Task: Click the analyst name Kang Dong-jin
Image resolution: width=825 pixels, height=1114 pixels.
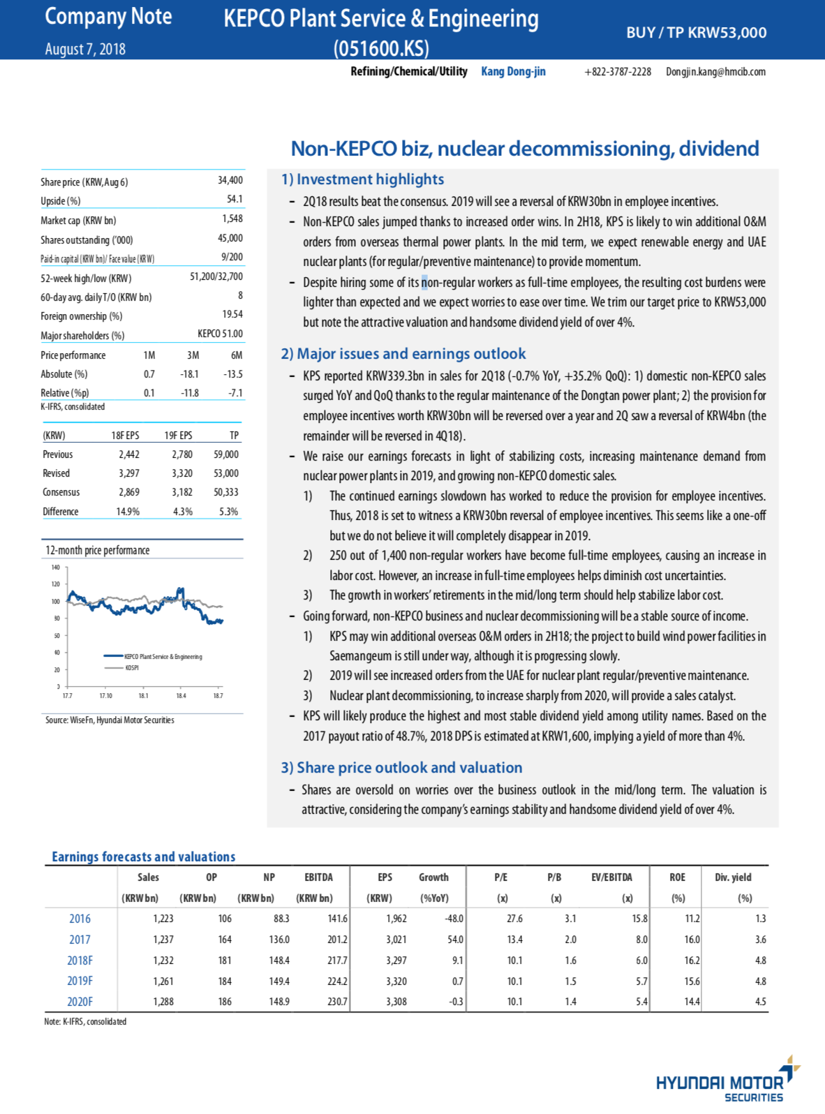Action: (513, 71)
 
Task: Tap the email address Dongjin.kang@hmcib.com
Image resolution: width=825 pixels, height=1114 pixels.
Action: (715, 72)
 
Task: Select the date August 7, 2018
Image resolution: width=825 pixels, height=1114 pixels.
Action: (85, 49)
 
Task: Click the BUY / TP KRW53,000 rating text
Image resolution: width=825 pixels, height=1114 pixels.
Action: (696, 33)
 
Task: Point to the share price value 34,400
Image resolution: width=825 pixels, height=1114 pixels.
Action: (230, 180)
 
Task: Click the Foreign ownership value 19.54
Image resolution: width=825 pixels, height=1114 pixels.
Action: (232, 315)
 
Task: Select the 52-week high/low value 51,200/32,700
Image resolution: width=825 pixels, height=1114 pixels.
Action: (216, 277)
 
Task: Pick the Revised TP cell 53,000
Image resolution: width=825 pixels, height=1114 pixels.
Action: (225, 473)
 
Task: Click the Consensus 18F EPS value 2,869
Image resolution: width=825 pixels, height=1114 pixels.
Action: (129, 492)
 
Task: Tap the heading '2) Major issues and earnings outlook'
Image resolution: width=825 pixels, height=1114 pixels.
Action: (403, 354)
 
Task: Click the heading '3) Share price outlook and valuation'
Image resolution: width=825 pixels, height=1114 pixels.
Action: (401, 768)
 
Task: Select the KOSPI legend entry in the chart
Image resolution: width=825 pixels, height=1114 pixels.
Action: (131, 668)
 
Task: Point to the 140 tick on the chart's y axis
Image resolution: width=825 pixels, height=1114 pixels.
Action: (56, 567)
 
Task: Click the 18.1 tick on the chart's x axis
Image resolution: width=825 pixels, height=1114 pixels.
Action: (143, 696)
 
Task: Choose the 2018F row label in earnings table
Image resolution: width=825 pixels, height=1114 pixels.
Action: (80, 960)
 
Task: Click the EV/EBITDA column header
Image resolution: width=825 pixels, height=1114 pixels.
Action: (611, 877)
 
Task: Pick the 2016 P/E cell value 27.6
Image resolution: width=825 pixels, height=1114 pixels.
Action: (514, 919)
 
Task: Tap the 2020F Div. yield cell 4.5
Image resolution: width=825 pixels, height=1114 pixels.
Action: (760, 1002)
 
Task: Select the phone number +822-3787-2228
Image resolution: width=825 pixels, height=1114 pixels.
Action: (617, 72)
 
